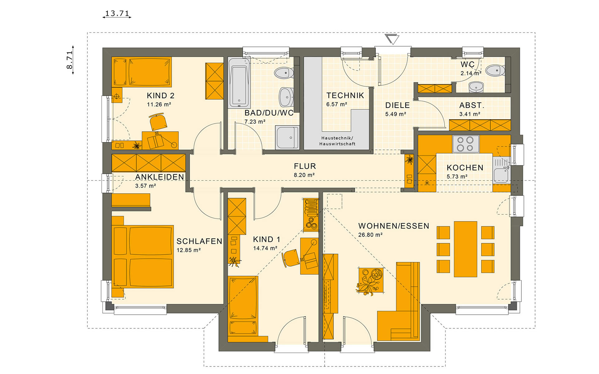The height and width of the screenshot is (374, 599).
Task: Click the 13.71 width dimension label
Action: click(x=117, y=13)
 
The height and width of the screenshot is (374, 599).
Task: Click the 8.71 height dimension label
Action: click(x=70, y=60)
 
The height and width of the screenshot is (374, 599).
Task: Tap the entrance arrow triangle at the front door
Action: click(x=392, y=39)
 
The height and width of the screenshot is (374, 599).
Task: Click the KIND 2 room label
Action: click(x=161, y=96)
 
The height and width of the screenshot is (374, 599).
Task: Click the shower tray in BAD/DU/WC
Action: click(x=287, y=137)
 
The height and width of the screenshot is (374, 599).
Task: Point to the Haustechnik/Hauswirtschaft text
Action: click(x=337, y=141)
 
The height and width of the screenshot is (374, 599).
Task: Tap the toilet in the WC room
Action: click(x=495, y=70)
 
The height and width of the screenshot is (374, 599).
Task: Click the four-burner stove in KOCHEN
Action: click(x=465, y=144)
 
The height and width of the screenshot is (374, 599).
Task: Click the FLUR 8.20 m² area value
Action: click(x=304, y=175)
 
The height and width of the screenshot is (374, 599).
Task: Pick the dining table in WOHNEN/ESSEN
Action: click(x=465, y=249)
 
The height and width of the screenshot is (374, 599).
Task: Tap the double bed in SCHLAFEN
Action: click(x=143, y=256)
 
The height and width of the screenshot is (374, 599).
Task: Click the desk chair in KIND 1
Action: click(x=291, y=258)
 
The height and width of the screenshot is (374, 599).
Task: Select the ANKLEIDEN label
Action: click(x=159, y=177)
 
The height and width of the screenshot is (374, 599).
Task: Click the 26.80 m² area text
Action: click(x=370, y=235)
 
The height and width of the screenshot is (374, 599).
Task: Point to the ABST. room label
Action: click(x=471, y=105)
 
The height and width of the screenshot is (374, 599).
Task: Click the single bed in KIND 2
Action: click(x=142, y=72)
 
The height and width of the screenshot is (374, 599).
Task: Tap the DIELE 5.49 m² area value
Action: click(x=396, y=114)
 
